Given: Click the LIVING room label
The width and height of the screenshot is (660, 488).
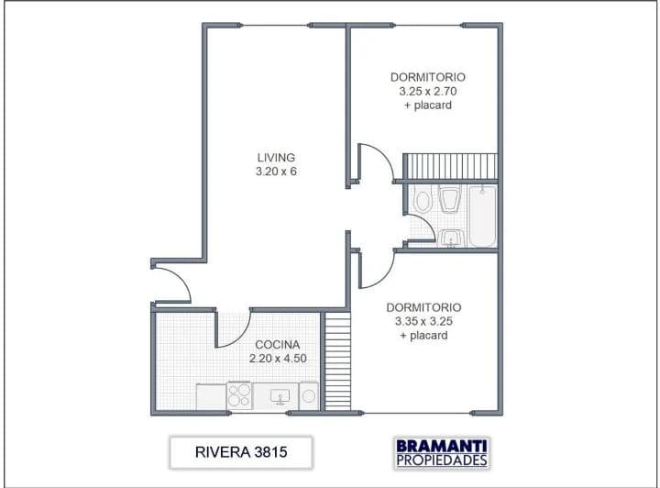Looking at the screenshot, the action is click(276, 158).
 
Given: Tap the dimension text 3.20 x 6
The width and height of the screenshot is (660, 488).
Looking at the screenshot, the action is click(276, 172).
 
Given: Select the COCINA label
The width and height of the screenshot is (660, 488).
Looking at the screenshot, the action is click(278, 344).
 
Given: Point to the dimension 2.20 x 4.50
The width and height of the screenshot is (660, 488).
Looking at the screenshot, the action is click(278, 359).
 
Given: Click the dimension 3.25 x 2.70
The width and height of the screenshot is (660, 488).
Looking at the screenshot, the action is click(428, 91).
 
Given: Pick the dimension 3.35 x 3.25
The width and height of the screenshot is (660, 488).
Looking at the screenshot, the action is click(423, 321).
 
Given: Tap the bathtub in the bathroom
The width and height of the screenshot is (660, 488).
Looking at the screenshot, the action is click(483, 216).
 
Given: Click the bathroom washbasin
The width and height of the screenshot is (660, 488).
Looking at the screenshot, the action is click(451, 238).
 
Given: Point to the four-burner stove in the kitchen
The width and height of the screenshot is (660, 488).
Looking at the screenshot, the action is click(239, 395).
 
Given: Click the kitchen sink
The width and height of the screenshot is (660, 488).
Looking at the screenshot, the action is click(280, 396).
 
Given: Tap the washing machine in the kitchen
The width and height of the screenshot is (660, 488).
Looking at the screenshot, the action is click(309, 395).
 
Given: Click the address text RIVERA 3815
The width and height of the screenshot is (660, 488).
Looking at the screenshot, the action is click(241, 452).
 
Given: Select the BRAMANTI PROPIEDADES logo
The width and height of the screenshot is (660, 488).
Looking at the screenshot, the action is click(442, 452).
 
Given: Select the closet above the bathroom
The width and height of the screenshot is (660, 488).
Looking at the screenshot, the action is click(450, 166).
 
